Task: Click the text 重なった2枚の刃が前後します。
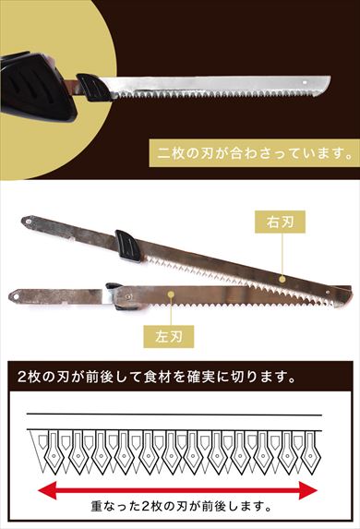[x=180, y=506]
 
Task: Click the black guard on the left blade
[x=118, y=292]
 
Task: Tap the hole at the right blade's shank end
[x=29, y=222]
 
